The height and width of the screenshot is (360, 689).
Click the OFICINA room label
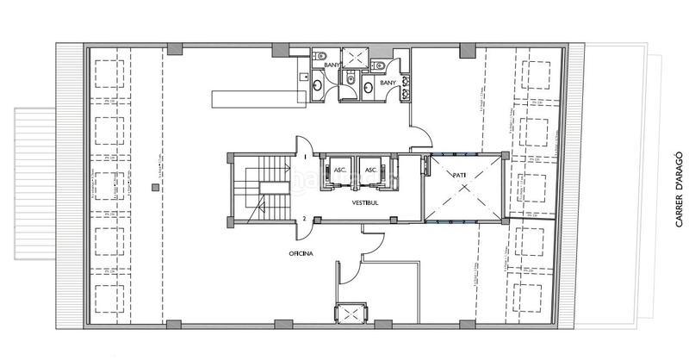(x=301, y=254)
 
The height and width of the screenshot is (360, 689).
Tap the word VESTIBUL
(x=368, y=203)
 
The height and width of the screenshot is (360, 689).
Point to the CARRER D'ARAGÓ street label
(x=680, y=190)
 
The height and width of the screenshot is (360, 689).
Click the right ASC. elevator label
(x=371, y=170)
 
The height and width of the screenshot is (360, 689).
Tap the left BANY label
(x=332, y=65)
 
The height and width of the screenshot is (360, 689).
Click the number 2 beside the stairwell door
(x=304, y=219)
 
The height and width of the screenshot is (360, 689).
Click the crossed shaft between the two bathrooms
(x=353, y=58)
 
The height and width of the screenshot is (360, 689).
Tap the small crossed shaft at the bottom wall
(x=350, y=314)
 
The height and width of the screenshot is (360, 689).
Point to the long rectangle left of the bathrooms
(x=253, y=96)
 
